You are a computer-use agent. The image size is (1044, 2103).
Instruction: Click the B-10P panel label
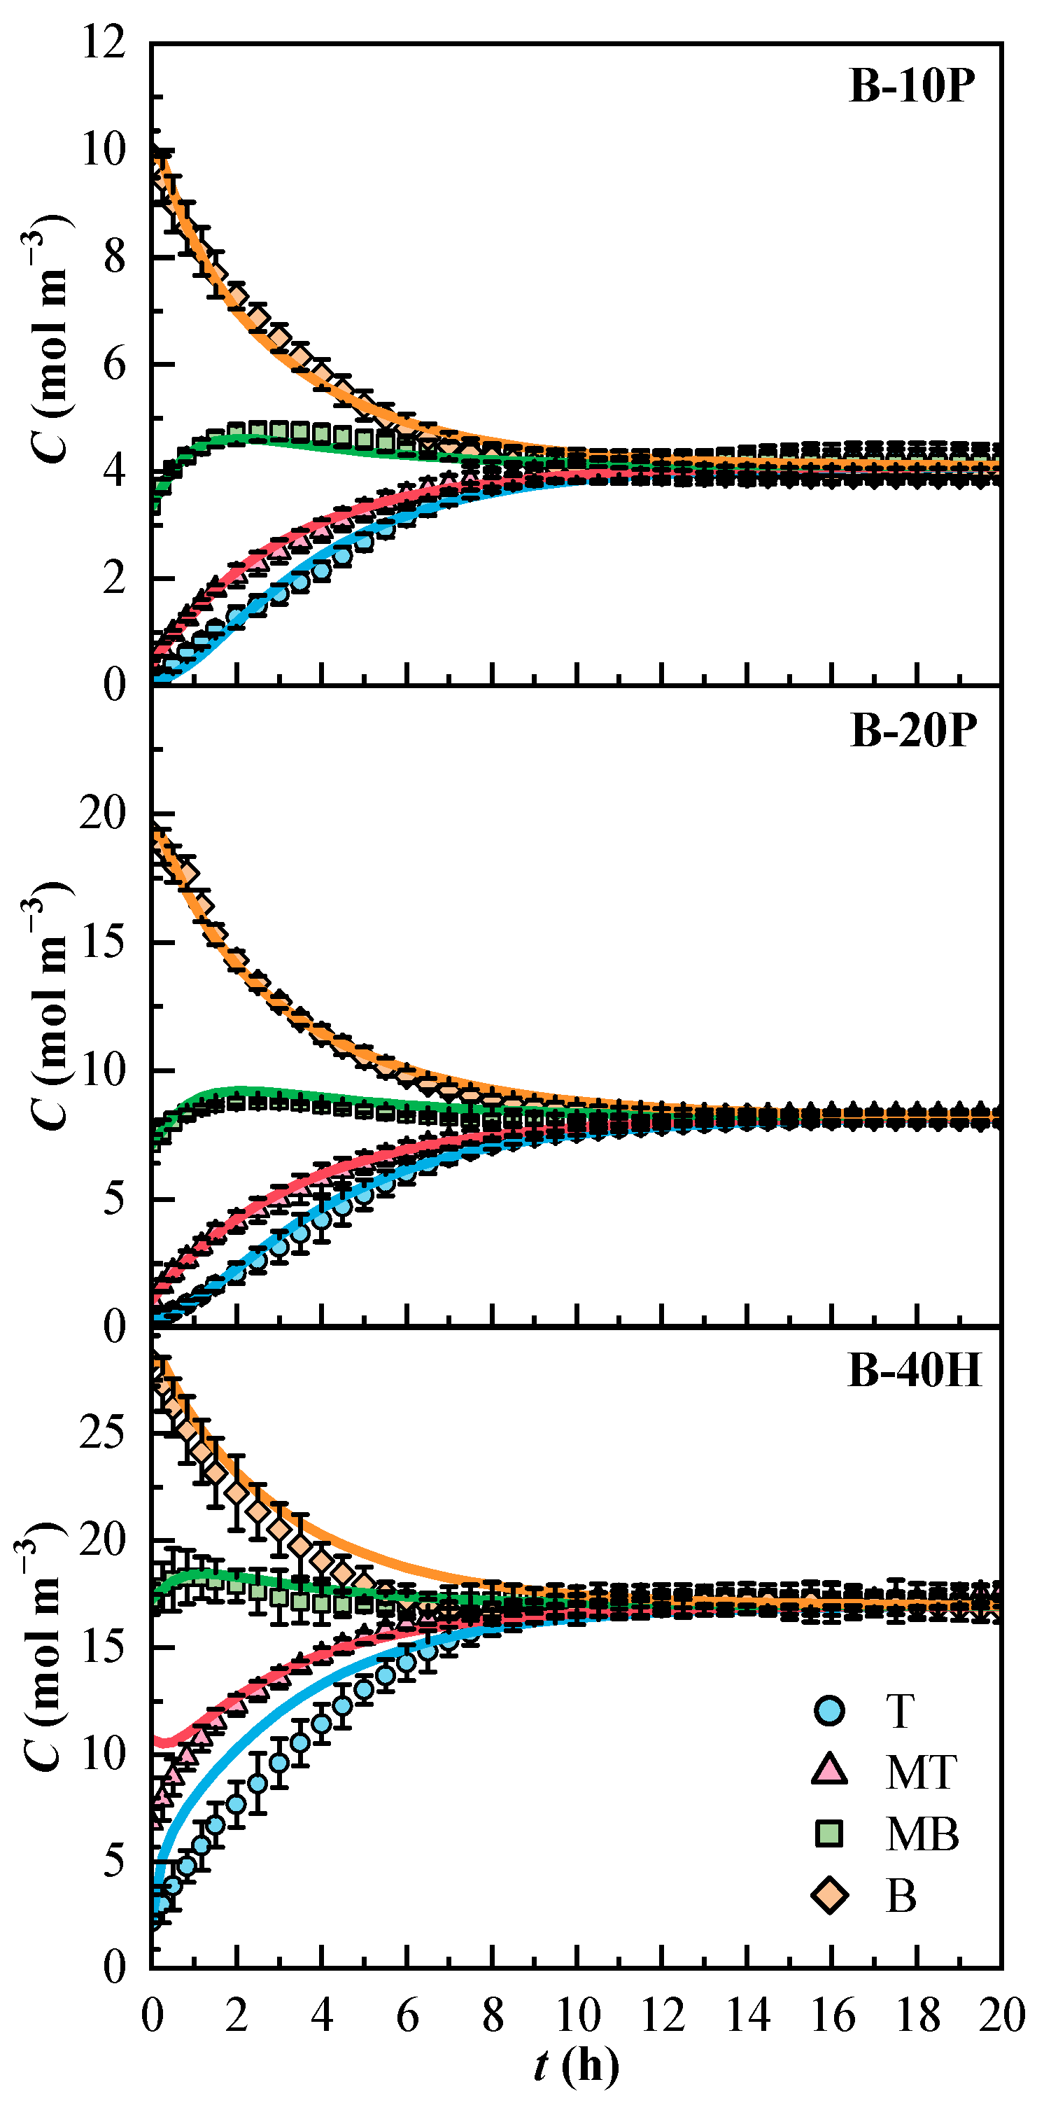(912, 85)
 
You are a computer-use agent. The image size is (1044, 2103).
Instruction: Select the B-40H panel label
(915, 1371)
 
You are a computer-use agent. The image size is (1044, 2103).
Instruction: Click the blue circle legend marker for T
(829, 1710)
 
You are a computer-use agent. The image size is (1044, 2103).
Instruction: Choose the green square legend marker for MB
(829, 1833)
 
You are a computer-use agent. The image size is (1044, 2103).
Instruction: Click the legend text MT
(922, 1773)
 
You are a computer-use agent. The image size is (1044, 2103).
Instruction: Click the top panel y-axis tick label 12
(104, 43)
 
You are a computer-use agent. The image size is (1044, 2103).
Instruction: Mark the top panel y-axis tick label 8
(115, 257)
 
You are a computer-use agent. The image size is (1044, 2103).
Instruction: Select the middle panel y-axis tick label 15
(103, 942)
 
